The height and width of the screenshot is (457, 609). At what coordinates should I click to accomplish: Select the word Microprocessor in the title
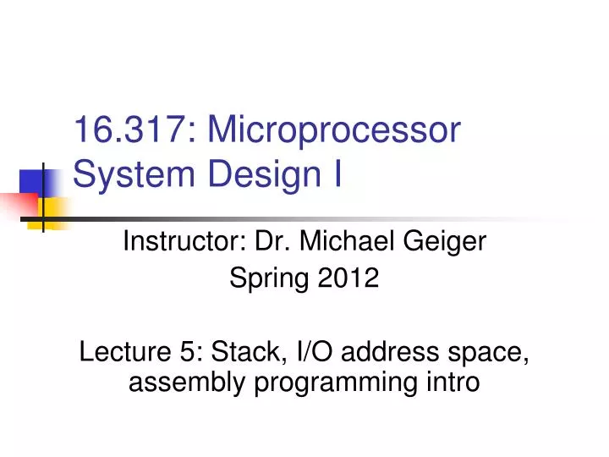point(335,132)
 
